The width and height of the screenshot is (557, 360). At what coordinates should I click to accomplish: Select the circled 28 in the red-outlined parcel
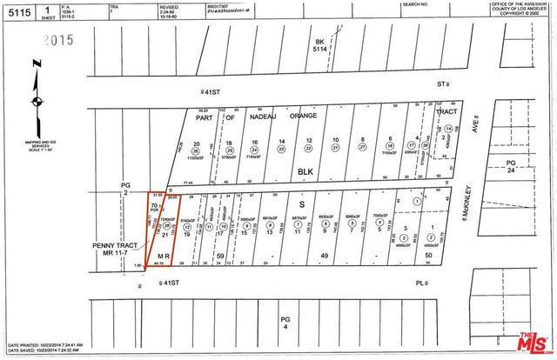[167, 226]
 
